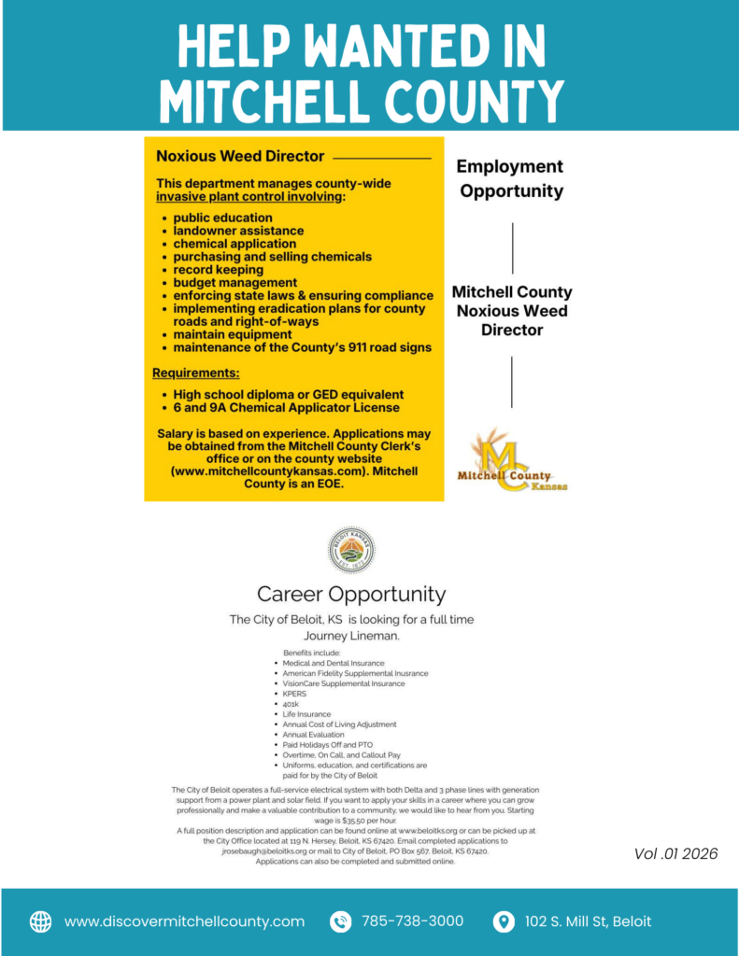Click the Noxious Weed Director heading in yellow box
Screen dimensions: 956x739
(240, 156)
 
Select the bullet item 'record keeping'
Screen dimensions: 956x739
(218, 270)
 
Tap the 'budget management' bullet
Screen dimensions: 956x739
(234, 283)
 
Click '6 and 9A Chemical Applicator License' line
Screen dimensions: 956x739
(286, 407)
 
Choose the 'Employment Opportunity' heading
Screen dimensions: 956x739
(511, 178)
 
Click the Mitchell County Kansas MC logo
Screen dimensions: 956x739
(512, 461)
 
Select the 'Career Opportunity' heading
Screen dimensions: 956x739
(351, 595)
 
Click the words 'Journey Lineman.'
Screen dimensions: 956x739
(351, 636)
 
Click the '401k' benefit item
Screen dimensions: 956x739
(291, 704)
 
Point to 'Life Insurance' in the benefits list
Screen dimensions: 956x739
(306, 714)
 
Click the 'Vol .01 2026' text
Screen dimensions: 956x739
(675, 853)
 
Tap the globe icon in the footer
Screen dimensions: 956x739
(41, 921)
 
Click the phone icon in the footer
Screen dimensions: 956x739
(340, 921)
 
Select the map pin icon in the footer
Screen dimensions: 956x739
(504, 921)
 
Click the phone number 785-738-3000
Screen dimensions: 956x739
(412, 921)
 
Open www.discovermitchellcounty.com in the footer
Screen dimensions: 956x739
(184, 921)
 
